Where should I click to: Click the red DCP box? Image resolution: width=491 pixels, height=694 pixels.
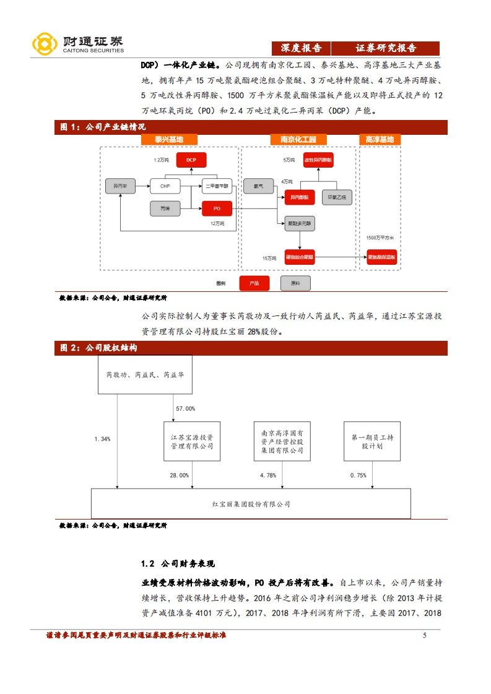[191, 160]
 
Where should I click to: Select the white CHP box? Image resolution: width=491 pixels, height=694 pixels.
[165, 186]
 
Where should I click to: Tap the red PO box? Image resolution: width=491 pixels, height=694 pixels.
[216, 209]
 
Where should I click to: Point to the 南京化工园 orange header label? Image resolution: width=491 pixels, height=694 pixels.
[298, 140]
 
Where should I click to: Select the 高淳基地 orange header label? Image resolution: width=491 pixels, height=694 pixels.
[380, 140]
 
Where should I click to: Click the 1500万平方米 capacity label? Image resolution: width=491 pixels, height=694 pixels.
[380, 238]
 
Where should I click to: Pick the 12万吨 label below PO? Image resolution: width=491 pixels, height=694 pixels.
[217, 223]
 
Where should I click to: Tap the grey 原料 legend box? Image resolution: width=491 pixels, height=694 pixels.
[295, 283]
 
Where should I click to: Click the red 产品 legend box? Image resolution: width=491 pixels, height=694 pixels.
[254, 283]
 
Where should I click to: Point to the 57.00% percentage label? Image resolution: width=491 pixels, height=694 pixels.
[185, 408]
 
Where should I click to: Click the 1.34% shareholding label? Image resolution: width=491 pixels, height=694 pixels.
[102, 439]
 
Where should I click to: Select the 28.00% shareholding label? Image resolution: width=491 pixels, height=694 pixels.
[180, 475]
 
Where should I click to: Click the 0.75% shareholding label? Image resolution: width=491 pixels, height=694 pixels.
[358, 475]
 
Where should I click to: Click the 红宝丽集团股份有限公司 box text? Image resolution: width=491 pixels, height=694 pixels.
[250, 504]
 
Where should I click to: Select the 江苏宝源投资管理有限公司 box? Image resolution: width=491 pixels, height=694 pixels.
[191, 442]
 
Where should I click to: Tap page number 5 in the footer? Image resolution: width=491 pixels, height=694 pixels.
[424, 635]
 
